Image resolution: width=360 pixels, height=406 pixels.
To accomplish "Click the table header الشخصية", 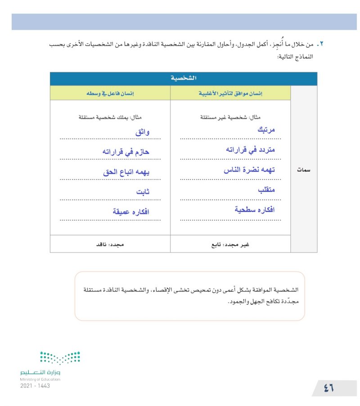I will [183, 79].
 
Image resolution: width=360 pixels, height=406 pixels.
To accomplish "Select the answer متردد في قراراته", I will [250, 150].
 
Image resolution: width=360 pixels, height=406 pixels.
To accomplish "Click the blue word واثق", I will [143, 132].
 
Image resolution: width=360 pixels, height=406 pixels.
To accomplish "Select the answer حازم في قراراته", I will [126, 152].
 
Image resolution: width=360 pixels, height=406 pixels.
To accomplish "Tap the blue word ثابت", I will [143, 192].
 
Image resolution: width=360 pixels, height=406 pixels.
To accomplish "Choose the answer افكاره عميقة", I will [131, 211].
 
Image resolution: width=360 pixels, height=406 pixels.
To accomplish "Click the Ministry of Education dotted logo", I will [60, 358].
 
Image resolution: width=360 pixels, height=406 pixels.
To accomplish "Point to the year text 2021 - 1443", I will [35, 386].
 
